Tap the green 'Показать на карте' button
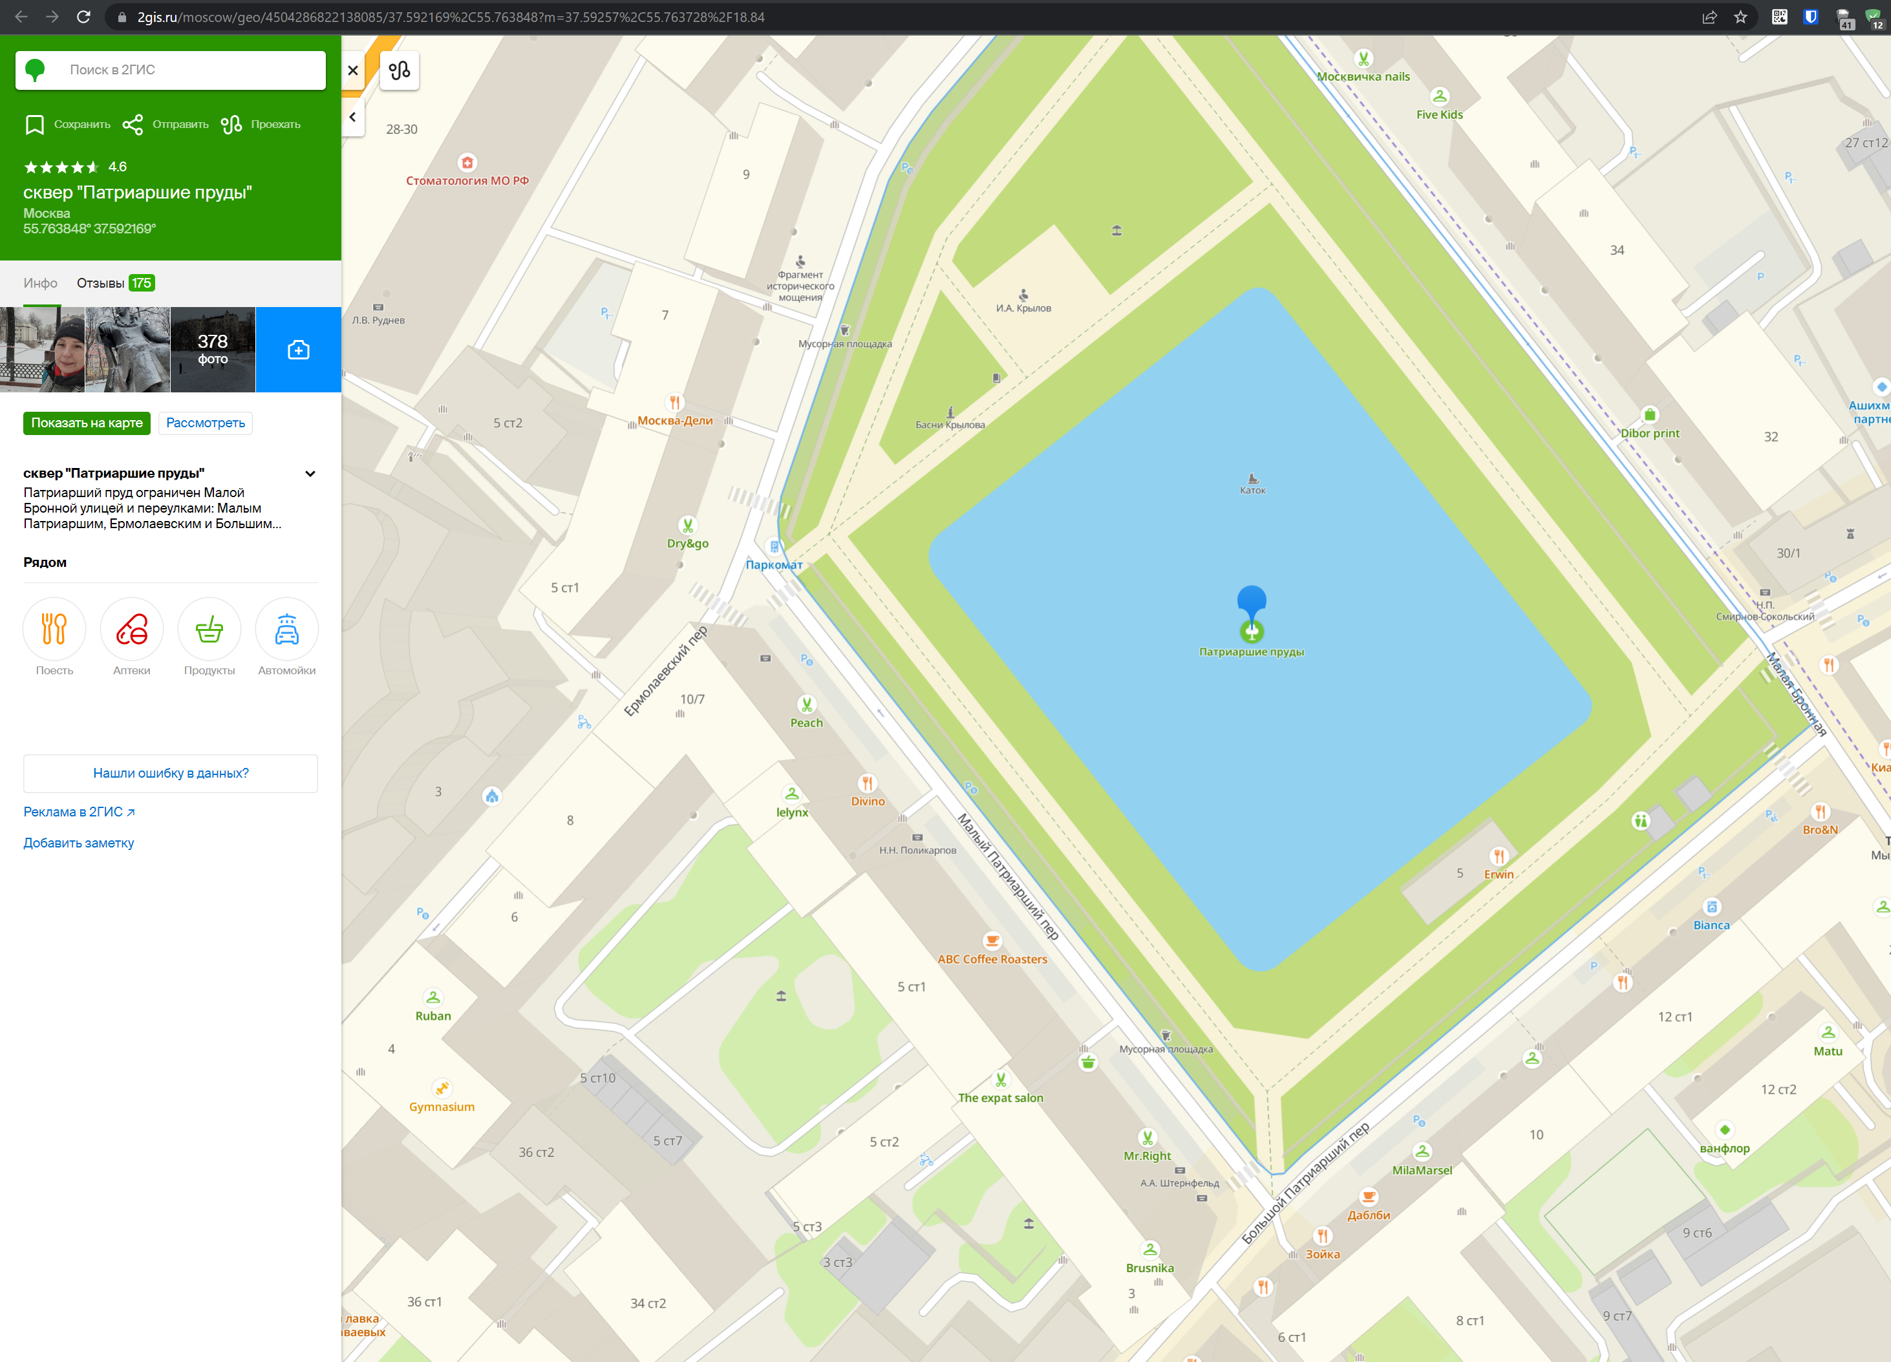(87, 423)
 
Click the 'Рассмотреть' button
(205, 423)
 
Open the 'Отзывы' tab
(115, 283)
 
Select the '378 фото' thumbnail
(213, 349)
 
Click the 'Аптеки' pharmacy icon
(132, 630)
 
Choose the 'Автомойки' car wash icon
(287, 630)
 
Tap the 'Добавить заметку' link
(78, 843)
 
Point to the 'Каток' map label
(1252, 490)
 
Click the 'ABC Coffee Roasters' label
(992, 959)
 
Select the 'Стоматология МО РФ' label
(467, 180)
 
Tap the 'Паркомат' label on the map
(774, 564)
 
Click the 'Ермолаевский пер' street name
(665, 671)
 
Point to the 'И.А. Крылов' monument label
(1023, 308)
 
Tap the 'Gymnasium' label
(442, 1107)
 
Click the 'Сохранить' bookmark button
(67, 124)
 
